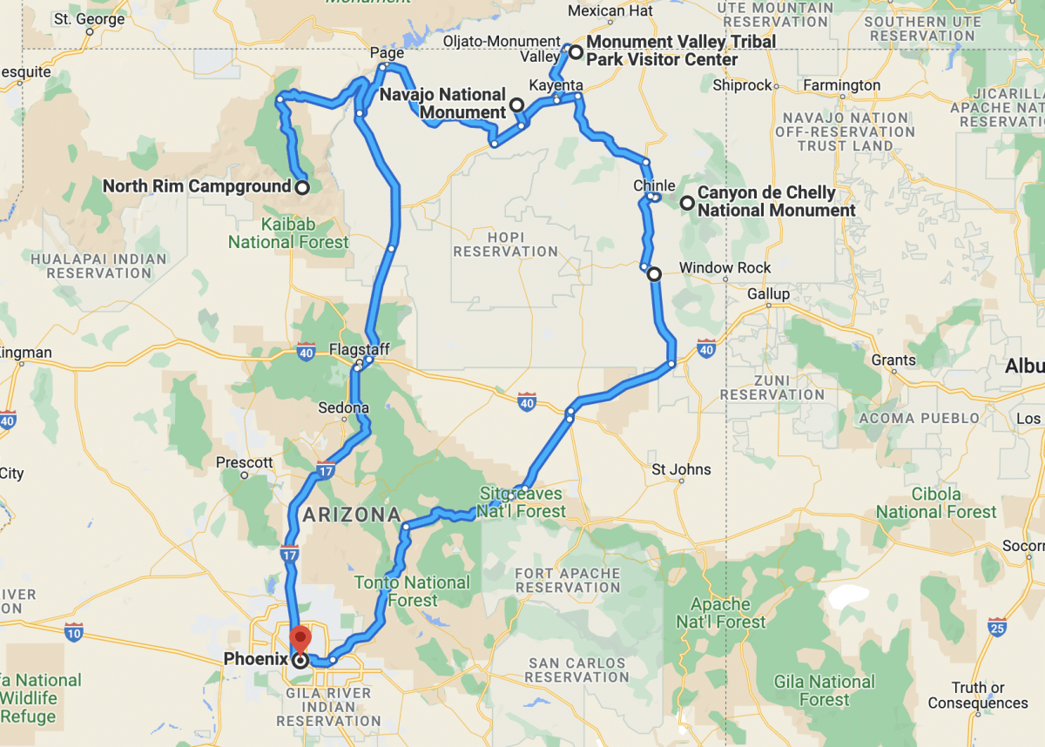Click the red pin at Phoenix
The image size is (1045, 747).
[x=299, y=638]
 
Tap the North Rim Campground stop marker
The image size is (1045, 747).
[x=301, y=186]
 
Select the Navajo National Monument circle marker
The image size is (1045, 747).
[x=516, y=105]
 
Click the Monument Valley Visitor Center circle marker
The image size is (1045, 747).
[x=576, y=51]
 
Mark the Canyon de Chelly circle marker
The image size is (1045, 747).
[x=687, y=203]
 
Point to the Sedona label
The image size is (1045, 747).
[x=344, y=407]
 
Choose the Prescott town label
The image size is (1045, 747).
[x=245, y=462]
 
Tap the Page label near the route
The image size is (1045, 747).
[x=387, y=54]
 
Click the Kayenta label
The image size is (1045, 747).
[x=556, y=85]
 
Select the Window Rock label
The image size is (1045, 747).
[x=713, y=267]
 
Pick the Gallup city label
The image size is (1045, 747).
[x=768, y=294]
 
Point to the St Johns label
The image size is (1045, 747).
[x=681, y=470]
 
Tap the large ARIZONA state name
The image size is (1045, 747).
[x=351, y=515]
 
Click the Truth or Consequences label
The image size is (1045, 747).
[x=977, y=695]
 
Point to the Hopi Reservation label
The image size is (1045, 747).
[x=505, y=244]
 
